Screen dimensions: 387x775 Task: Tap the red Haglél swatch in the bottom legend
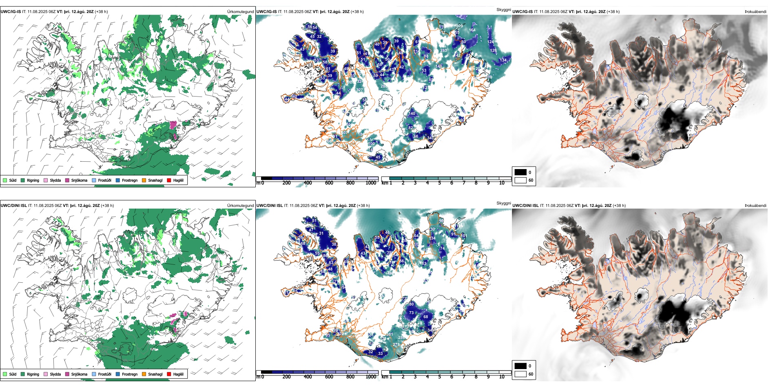(x=169, y=374)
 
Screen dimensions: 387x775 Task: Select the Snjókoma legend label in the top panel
(x=79, y=180)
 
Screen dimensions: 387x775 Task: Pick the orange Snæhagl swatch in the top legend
(x=144, y=180)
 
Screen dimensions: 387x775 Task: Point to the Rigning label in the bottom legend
(x=33, y=374)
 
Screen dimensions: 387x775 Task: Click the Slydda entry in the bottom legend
(x=55, y=374)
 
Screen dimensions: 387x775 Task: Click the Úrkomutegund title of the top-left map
(x=240, y=11)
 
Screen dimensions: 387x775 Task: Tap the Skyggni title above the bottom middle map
(x=503, y=203)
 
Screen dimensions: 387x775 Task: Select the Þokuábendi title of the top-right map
(x=755, y=11)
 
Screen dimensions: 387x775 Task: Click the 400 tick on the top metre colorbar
(x=308, y=183)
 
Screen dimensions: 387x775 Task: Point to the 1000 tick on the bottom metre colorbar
(x=371, y=377)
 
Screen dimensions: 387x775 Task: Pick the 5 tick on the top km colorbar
(x=439, y=183)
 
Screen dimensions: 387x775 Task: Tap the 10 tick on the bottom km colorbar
(x=502, y=377)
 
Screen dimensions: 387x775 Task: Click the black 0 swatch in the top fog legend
(x=520, y=172)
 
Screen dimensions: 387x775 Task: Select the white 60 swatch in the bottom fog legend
(x=520, y=374)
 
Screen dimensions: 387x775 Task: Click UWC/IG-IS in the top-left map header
(x=11, y=11)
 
